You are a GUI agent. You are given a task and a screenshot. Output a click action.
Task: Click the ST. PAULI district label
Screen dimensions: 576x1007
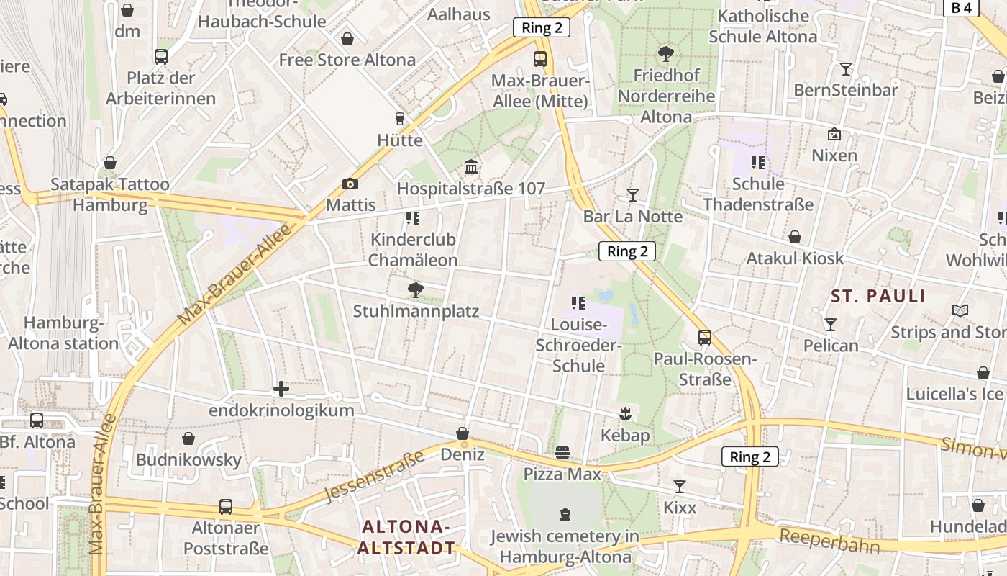click(x=878, y=296)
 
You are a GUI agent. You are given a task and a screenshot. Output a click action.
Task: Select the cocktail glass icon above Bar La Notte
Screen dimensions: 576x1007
click(x=632, y=194)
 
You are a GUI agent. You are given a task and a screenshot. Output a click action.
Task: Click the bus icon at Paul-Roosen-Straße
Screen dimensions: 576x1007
click(x=705, y=337)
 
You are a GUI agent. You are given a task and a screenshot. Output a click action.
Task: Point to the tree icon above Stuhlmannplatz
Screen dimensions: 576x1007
click(x=416, y=290)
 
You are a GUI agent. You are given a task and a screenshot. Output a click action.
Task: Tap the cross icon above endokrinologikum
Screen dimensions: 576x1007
click(x=281, y=390)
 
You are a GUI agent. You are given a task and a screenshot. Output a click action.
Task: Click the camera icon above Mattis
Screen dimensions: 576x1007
click(x=350, y=184)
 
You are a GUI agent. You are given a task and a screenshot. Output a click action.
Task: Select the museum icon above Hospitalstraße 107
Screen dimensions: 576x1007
click(x=471, y=167)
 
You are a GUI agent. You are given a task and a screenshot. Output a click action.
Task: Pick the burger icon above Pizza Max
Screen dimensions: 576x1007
click(x=562, y=453)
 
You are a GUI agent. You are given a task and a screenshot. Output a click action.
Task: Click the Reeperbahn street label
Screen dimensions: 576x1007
click(x=829, y=540)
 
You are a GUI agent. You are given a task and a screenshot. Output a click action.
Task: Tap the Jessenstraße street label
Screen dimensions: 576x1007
click(x=375, y=476)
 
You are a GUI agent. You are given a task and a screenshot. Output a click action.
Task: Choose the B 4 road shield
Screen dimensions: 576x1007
click(x=961, y=8)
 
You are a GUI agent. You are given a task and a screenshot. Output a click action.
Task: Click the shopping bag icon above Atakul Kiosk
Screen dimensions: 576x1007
click(x=795, y=237)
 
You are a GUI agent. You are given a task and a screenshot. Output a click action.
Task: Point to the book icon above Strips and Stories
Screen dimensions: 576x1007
click(x=960, y=310)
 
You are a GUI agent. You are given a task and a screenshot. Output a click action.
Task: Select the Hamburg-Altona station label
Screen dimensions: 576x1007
click(x=63, y=333)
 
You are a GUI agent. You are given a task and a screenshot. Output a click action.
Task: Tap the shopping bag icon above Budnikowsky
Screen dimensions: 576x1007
click(x=188, y=438)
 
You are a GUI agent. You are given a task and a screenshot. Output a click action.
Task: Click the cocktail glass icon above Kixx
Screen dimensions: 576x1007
click(x=680, y=487)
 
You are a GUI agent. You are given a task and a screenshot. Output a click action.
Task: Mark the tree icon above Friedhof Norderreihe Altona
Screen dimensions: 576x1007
click(x=665, y=53)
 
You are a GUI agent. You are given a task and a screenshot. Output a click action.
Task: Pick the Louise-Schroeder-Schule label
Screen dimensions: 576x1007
click(x=578, y=346)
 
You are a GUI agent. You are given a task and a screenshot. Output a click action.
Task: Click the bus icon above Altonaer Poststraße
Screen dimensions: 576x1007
click(x=226, y=506)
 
